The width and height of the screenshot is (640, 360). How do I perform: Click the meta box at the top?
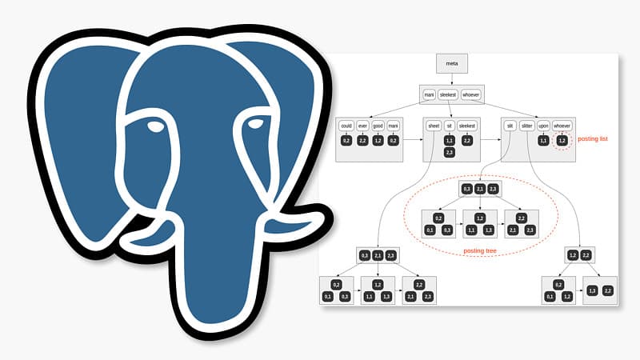click(451, 64)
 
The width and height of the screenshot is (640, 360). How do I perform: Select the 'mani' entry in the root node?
click(430, 95)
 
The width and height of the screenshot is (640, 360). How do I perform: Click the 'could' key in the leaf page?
click(346, 126)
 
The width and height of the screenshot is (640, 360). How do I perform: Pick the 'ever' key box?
click(362, 126)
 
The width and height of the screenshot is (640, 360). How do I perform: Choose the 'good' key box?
click(378, 126)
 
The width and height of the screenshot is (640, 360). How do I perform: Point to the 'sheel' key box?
click(434, 126)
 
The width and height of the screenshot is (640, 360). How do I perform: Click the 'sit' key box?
click(450, 126)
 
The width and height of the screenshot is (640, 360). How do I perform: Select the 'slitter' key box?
click(526, 126)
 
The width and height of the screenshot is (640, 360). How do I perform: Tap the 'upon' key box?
click(544, 126)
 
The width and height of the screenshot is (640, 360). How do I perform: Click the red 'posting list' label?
click(593, 139)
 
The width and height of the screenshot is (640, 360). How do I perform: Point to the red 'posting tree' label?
click(480, 251)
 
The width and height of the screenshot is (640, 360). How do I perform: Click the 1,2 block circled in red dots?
click(562, 141)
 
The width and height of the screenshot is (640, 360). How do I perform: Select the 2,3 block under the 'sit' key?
click(450, 152)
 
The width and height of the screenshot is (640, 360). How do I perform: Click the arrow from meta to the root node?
click(451, 80)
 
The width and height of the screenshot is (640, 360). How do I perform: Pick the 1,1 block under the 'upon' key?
click(544, 141)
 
